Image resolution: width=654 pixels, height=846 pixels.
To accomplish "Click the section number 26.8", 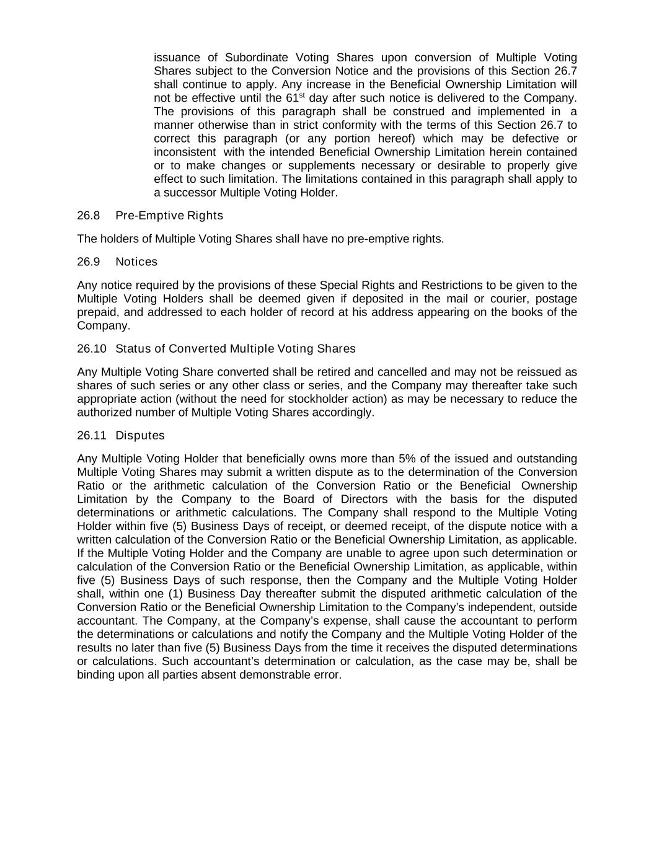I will [89, 216].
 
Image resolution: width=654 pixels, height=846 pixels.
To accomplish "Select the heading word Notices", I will [136, 262].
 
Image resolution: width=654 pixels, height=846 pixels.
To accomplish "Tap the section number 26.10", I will [92, 349].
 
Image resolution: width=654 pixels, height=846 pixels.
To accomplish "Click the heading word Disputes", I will [140, 436].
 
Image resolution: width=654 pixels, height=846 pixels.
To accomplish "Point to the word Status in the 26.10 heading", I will [131, 349].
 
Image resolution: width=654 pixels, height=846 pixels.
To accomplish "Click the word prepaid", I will [96, 312].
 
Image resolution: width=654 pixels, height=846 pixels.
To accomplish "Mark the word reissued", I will [539, 372].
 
